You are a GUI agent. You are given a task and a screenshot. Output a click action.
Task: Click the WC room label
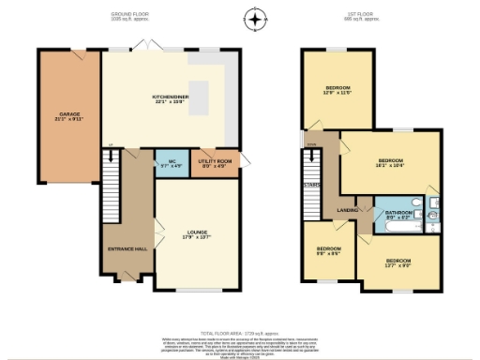172,163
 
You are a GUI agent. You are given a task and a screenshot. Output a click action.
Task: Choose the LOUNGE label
197,234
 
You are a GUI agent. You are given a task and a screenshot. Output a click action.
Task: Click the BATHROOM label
398,215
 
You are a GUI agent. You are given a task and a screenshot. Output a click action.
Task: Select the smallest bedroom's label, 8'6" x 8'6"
328,251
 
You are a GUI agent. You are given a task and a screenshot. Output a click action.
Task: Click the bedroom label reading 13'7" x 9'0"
398,262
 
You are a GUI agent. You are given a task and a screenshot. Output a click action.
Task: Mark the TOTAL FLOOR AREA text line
240,333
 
